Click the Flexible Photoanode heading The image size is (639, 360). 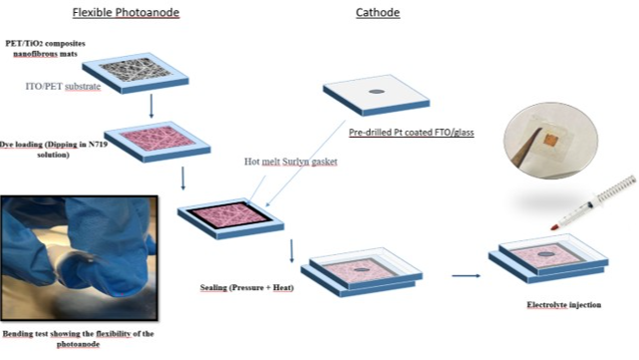[126, 13]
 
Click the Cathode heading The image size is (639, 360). [378, 13]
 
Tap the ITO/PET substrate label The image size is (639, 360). [63, 87]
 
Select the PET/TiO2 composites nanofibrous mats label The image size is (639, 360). [45, 49]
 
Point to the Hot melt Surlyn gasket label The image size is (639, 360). [290, 162]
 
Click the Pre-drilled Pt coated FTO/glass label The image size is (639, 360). [411, 132]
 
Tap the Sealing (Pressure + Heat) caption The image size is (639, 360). [247, 288]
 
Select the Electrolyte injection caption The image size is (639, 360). [564, 305]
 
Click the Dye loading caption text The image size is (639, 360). [54, 150]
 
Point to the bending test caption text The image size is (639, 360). [78, 339]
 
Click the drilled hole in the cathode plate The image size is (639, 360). [377, 92]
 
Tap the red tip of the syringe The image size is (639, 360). [554, 227]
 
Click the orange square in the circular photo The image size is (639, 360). [549, 141]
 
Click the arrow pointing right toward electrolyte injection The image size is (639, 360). [466, 276]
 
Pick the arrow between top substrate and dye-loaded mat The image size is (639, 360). [152, 106]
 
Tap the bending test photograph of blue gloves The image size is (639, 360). [79, 257]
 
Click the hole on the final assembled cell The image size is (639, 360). [545, 254]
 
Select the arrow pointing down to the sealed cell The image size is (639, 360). [291, 251]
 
